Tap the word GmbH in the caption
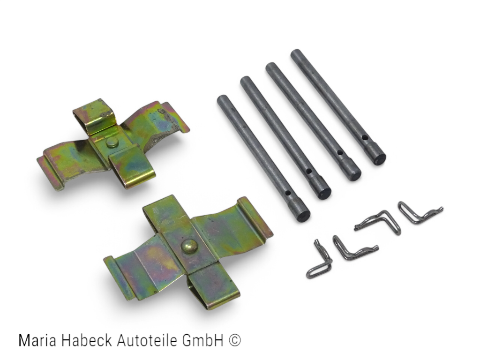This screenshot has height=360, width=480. tap(202, 340)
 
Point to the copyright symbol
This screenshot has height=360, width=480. tap(234, 341)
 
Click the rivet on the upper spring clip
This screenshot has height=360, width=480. tap(112, 142)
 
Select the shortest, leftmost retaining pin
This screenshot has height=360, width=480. tap(263, 158)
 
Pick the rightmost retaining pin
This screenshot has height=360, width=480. tap(338, 107)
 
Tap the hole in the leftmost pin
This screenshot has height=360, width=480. tap(287, 193)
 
